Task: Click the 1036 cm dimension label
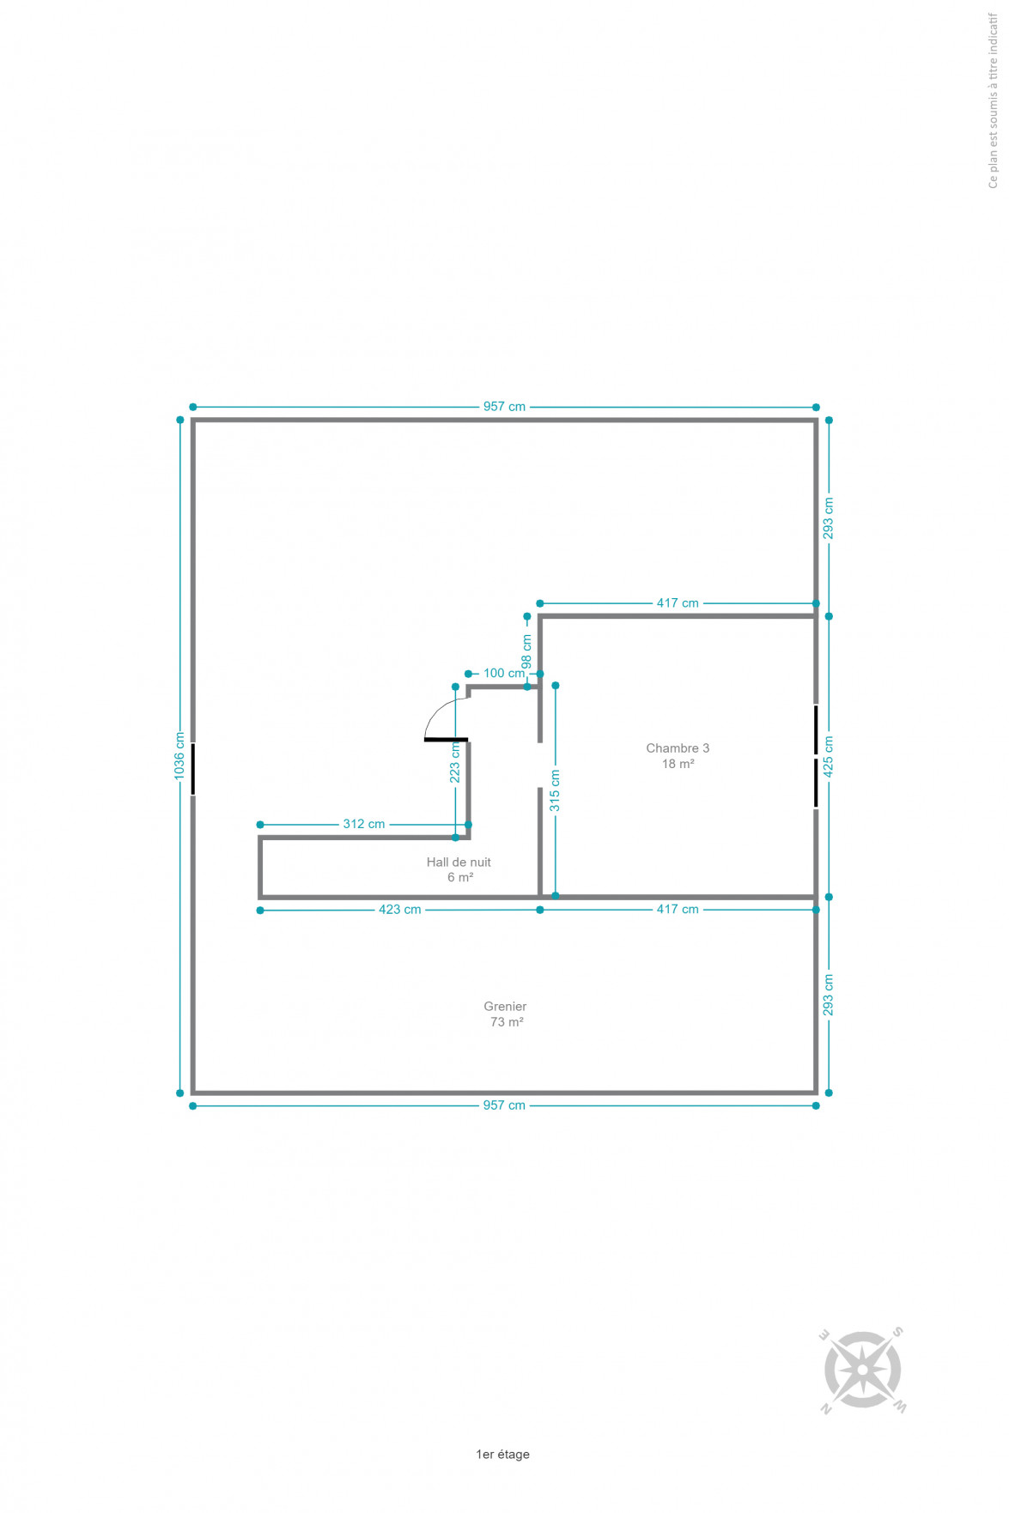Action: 179,755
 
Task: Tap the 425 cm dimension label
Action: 829,757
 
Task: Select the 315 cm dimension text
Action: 555,790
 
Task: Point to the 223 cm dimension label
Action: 455,762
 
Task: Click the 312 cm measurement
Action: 364,824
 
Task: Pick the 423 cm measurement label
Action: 400,910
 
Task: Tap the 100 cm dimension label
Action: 504,673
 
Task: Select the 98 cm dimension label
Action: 526,651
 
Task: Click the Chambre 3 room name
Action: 678,748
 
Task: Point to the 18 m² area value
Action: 678,764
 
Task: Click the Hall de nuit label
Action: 459,862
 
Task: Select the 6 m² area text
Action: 460,878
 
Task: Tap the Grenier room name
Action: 505,1007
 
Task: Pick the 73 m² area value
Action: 507,1022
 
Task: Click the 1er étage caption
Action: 502,1454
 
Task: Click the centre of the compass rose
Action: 862,1370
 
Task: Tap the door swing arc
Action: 438,709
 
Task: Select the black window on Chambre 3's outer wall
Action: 816,756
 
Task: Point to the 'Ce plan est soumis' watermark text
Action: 994,100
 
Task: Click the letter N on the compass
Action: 826,1408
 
